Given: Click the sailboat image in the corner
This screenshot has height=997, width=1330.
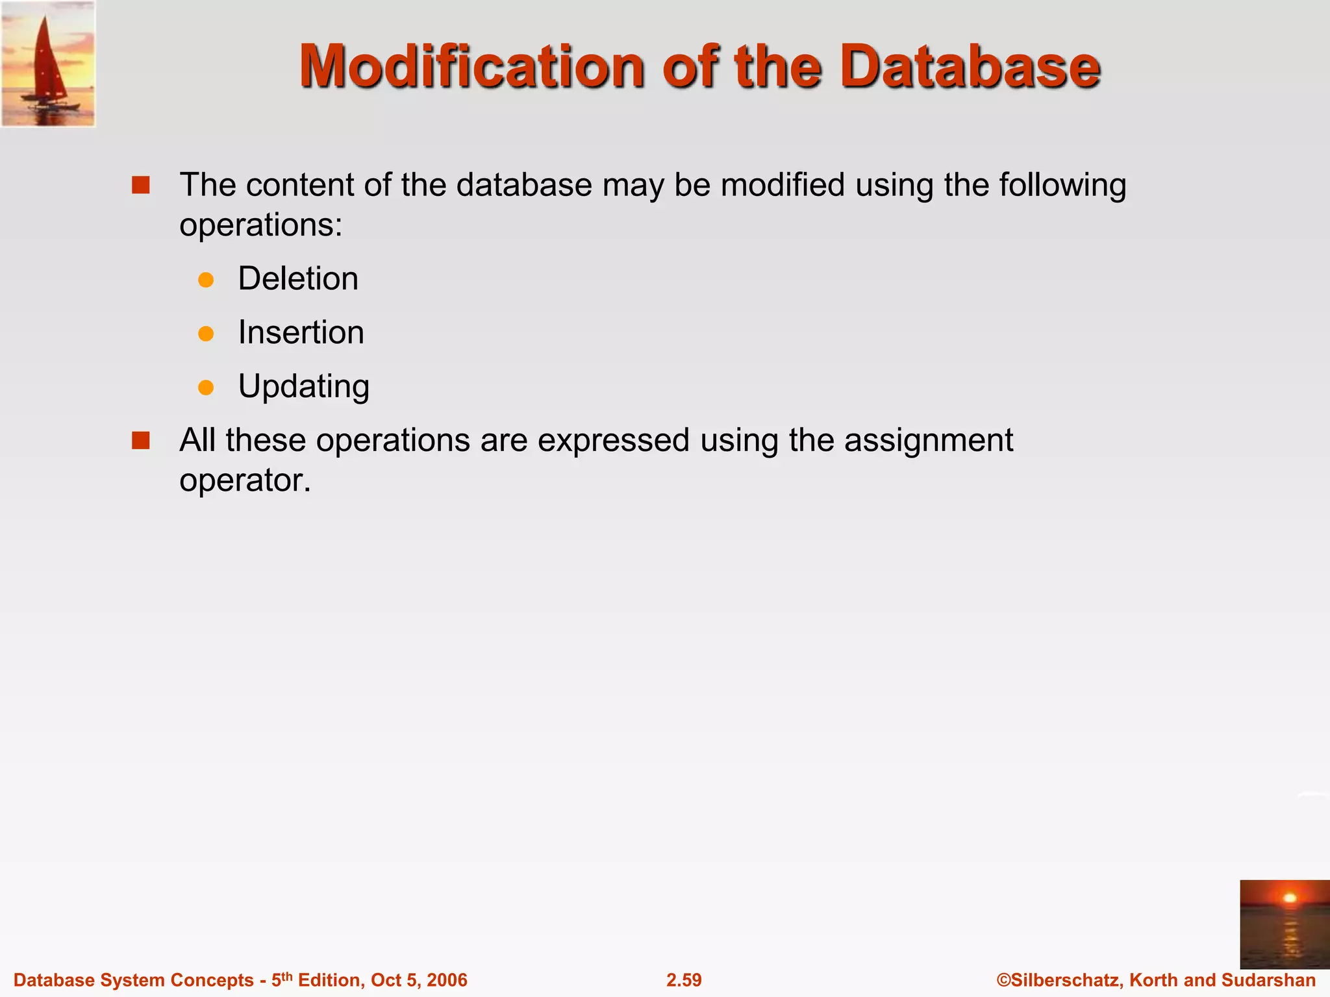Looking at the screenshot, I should pos(48,63).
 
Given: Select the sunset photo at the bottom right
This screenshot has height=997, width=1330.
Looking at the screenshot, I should pos(1284,924).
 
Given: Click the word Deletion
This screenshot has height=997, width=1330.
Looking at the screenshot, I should pos(298,279).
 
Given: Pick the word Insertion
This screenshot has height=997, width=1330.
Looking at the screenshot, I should pos(301,333).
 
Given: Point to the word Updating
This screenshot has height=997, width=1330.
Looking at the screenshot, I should pos(303,387).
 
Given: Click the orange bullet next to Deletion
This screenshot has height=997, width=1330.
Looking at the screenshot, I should pos(206,280).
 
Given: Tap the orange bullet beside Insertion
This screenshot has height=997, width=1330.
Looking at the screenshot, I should pos(206,334).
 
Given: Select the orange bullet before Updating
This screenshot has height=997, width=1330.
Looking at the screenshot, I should pos(206,388).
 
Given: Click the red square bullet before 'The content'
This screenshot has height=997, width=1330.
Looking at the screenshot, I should pos(140,186).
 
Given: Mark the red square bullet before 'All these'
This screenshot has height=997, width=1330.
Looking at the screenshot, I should pos(140,441).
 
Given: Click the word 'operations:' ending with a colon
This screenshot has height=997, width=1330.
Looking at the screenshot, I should pos(260,227).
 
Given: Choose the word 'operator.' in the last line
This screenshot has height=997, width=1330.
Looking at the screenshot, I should pos(245,481).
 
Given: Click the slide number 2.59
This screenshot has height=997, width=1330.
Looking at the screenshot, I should pos(684,980).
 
